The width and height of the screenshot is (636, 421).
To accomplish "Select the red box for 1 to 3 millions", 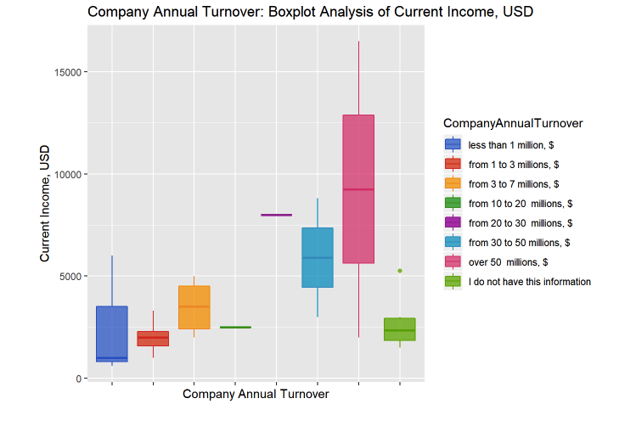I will point(153,339).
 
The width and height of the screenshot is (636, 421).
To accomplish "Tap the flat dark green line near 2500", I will point(235,327).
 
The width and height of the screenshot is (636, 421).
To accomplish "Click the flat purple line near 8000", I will point(276,215).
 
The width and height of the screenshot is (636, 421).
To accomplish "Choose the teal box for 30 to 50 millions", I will point(318,258).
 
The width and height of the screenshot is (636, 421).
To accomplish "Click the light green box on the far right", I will point(399,329).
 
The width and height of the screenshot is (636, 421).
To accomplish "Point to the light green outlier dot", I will point(399,271).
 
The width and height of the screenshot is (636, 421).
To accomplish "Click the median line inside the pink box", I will point(358,189).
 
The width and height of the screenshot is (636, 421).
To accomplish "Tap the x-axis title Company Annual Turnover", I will point(256,395).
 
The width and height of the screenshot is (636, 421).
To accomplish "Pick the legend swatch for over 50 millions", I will point(452,261).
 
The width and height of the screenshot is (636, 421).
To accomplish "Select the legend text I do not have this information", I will point(529,282).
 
